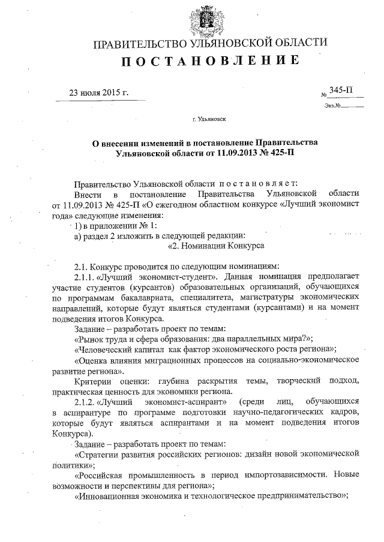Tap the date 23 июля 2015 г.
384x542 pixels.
(x=99, y=93)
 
